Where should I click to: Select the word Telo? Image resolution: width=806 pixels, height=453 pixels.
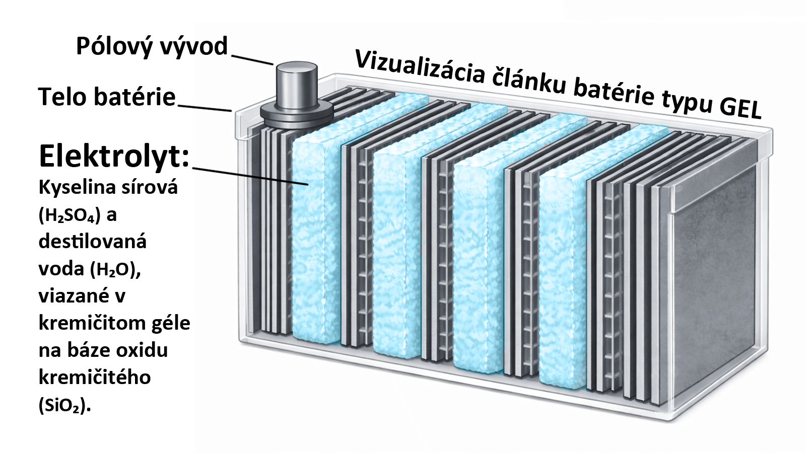[59, 96]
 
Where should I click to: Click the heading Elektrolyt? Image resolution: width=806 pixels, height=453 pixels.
[114, 156]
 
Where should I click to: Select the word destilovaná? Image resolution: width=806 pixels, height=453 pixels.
[92, 242]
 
